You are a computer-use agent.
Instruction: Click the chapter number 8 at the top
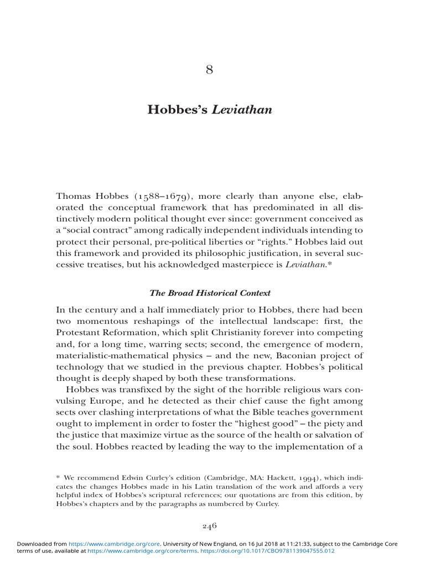tap(209, 70)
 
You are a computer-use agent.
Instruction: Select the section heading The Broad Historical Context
tap(210, 292)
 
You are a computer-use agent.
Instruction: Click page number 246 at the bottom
tap(209, 526)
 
